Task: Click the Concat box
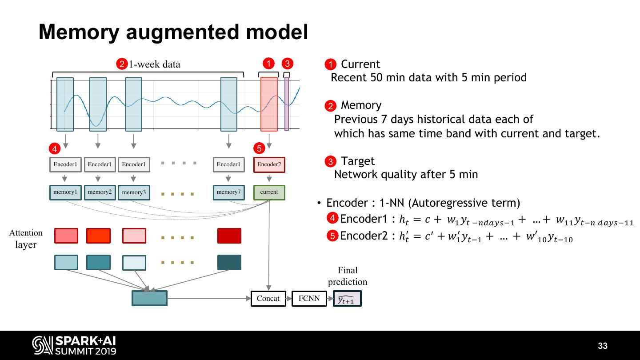click(268, 298)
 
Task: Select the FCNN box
click(309, 298)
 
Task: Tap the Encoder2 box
click(269, 164)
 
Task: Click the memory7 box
click(228, 192)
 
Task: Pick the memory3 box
click(134, 192)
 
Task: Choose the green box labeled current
click(269, 192)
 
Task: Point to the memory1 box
click(65, 192)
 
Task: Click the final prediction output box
click(347, 299)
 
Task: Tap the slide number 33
click(603, 346)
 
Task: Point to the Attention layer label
click(26, 239)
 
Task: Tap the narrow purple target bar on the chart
click(287, 104)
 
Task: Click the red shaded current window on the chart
click(269, 104)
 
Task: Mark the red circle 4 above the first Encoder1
click(54, 148)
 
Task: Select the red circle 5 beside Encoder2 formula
click(332, 236)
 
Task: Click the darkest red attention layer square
click(229, 236)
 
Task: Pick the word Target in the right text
click(358, 161)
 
